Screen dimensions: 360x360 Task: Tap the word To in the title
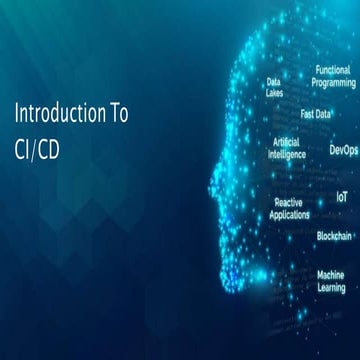click(x=116, y=113)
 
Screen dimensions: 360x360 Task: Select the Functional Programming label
click(x=331, y=76)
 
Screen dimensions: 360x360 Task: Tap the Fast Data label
click(x=316, y=113)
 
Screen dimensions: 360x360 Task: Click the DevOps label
click(x=343, y=150)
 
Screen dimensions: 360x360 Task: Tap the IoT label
click(x=341, y=198)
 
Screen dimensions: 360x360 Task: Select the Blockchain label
click(x=334, y=236)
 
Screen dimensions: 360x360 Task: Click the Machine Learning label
click(x=331, y=280)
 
